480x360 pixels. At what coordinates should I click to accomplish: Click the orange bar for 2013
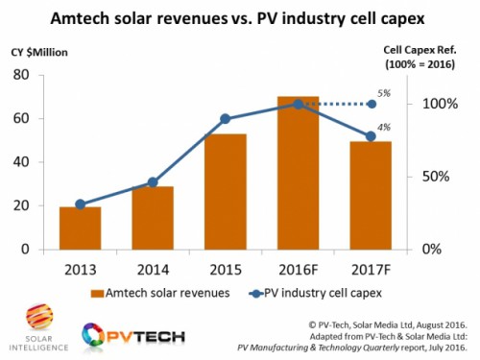[x=80, y=228]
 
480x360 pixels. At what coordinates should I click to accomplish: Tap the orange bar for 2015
[x=226, y=191]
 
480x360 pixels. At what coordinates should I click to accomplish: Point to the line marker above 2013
[x=80, y=204]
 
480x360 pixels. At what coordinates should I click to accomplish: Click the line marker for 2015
[x=226, y=119]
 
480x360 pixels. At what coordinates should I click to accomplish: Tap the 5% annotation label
[x=384, y=93]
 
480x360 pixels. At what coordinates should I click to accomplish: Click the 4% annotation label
[x=384, y=127]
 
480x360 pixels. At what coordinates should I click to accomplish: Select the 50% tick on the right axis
[x=430, y=177]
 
